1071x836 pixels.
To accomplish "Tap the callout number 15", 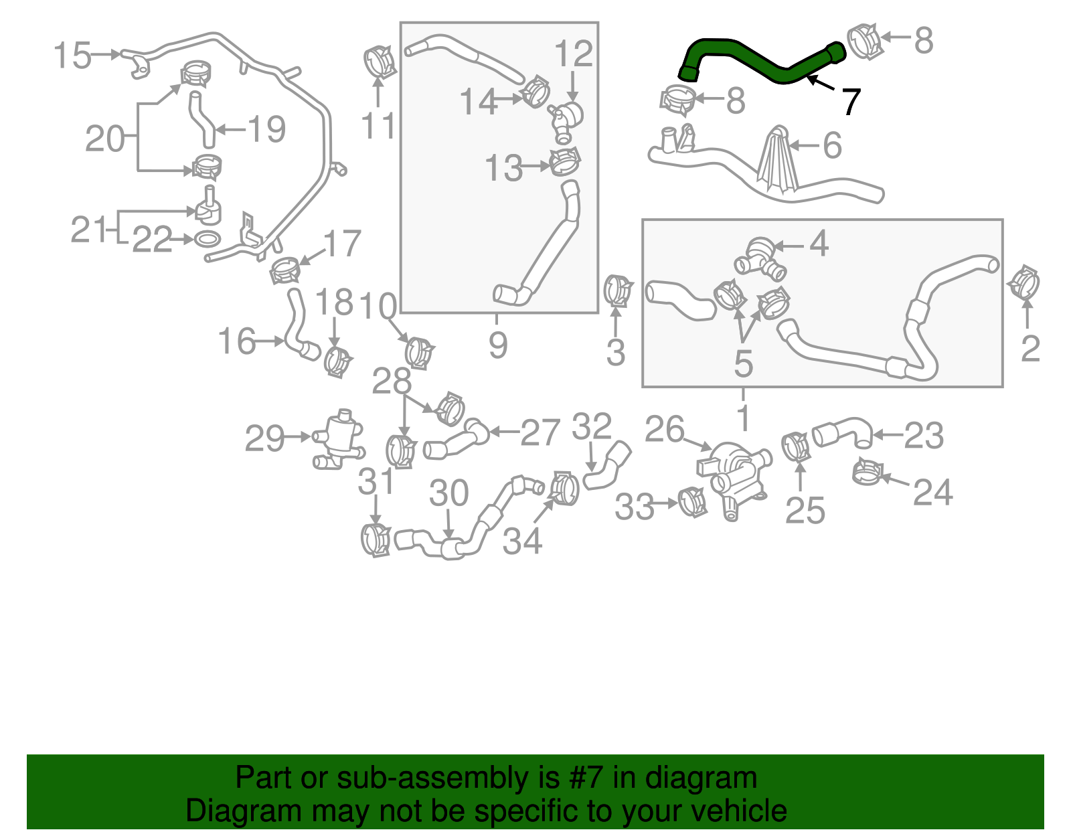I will [x=72, y=55].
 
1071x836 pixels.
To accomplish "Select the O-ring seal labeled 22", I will [x=208, y=239].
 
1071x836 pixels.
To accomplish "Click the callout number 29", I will [x=265, y=439].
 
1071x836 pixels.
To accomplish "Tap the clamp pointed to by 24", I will [x=868, y=473].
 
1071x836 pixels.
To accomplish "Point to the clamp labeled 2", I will [x=1024, y=282].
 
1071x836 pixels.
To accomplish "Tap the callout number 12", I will [x=574, y=54].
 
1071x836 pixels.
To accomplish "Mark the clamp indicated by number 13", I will [x=564, y=161].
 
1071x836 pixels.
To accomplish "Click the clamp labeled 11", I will [x=380, y=63].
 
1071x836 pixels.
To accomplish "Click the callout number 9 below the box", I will [x=497, y=345].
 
